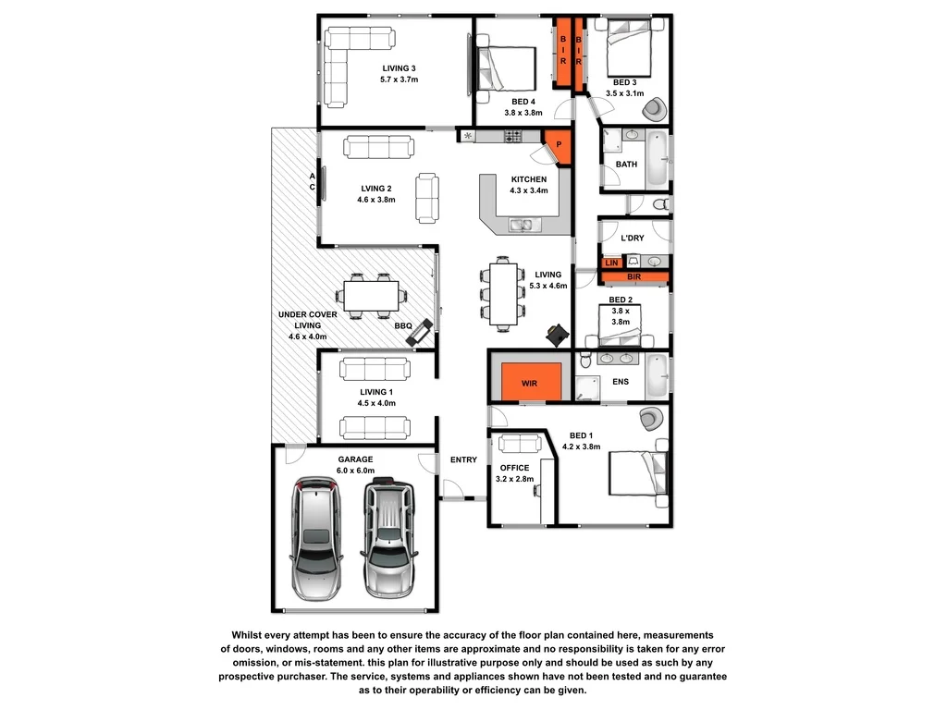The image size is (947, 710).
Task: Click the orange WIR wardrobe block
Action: click(531, 381)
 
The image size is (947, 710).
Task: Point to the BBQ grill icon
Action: click(421, 332)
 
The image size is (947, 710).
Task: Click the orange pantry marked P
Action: click(559, 145)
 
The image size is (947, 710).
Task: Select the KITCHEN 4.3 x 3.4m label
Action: click(528, 185)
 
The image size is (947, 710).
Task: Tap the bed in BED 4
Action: click(506, 67)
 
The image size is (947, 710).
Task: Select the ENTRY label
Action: click(463, 460)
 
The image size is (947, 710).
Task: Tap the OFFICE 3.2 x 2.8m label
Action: click(514, 473)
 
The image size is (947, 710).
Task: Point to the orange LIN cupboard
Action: click(611, 263)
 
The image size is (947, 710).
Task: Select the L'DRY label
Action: click(633, 239)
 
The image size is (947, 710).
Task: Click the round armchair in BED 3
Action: click(655, 109)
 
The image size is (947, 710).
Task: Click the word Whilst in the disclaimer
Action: click(251, 635)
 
